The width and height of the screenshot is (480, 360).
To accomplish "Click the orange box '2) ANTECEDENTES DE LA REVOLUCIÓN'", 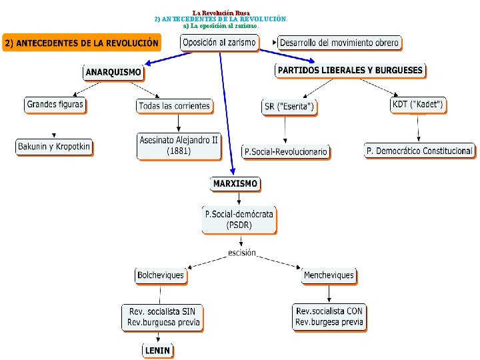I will tap(81, 43).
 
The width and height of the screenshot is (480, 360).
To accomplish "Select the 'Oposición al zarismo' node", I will tap(219, 42).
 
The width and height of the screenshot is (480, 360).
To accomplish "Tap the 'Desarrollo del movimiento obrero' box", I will tap(339, 43).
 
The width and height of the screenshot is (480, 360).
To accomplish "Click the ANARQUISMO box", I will tap(113, 72).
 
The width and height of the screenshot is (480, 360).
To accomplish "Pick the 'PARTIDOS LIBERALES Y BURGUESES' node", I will tap(351, 70).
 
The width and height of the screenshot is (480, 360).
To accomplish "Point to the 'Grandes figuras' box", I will tap(55, 105).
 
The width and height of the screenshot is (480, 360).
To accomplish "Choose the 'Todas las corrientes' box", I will tap(174, 105).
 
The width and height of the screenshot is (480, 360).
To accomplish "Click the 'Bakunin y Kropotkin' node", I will tap(54, 146).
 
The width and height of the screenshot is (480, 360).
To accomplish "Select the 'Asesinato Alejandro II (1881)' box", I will tap(179, 145).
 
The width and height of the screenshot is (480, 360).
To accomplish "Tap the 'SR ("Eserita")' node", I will tap(289, 106).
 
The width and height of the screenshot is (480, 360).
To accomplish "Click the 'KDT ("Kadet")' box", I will tap(418, 105).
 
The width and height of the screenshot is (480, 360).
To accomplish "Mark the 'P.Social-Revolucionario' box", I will tap(286, 152).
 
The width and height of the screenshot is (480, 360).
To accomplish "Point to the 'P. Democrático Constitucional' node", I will tap(420, 151).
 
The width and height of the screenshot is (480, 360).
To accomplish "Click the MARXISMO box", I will tap(235, 183).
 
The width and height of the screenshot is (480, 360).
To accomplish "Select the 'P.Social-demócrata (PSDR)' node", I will tap(239, 219).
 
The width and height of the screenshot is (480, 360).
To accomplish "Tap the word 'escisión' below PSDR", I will tap(242, 253).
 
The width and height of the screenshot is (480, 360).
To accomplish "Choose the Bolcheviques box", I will tap(161, 275).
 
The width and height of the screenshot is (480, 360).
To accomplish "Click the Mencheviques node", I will tap(329, 275).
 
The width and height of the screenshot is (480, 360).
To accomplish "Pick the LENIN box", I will tap(157, 350).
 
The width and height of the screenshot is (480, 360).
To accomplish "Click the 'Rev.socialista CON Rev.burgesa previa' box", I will tap(329, 317).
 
